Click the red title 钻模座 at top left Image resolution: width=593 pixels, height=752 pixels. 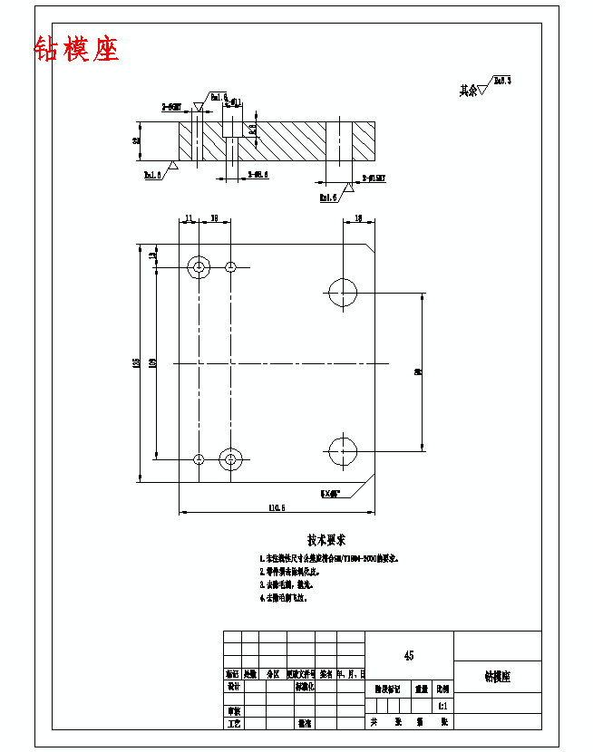(76, 49)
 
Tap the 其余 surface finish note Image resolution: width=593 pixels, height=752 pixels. (467, 91)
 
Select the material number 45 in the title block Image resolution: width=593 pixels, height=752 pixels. (409, 655)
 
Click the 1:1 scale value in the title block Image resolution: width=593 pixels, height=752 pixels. (442, 705)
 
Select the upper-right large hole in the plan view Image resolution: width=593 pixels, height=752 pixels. (343, 293)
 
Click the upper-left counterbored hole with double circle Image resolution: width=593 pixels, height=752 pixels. (199, 266)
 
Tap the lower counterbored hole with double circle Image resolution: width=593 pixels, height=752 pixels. (231, 459)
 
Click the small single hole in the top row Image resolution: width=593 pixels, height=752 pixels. (231, 266)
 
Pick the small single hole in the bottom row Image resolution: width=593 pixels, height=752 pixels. (199, 459)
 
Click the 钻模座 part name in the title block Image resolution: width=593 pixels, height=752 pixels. (497, 677)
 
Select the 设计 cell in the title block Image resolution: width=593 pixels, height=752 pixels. (233, 687)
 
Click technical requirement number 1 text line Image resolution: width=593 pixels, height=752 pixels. (330, 559)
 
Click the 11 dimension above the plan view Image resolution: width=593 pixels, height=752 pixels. (189, 218)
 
